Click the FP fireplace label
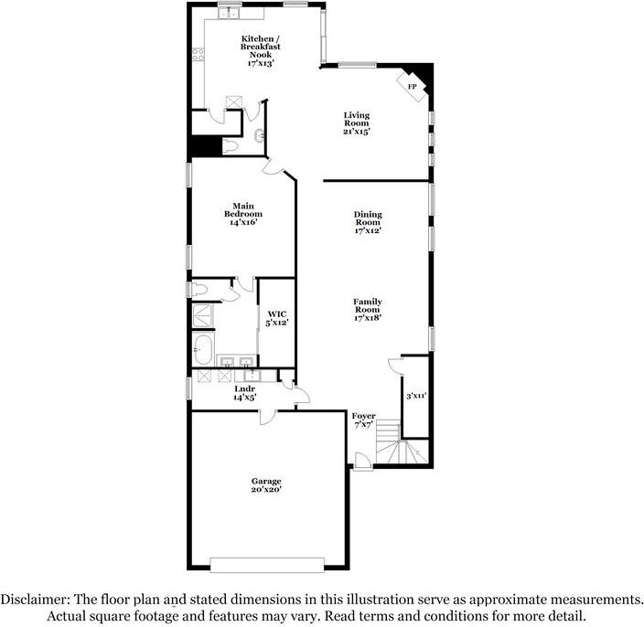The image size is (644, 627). pos(413,87)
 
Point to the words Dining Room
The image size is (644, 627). pos(368,218)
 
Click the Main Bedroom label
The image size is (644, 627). pos(242,210)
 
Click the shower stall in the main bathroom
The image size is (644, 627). pos(201,315)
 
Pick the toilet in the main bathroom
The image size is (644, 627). pos(200,290)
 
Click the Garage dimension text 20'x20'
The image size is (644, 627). pos(267,489)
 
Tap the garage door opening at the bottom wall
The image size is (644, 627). pos(267,562)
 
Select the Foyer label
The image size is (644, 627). pos(364,416)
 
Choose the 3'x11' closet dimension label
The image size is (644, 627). pos(416,396)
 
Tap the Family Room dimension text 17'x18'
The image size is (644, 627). pos(368,317)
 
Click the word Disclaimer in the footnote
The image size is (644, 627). pos(33,600)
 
